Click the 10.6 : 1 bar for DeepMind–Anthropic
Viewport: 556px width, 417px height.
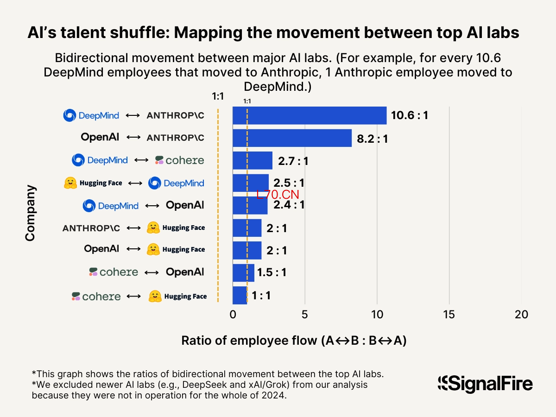click(310, 115)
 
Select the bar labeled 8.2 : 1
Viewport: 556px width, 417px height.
click(292, 138)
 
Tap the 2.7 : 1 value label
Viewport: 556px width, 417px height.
click(293, 161)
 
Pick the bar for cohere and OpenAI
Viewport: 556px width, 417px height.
click(243, 273)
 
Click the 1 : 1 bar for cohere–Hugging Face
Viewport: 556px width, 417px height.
click(240, 295)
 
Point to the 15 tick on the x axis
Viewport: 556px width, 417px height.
click(449, 315)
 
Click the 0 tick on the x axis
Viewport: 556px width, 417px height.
click(233, 315)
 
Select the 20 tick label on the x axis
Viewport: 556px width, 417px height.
click(521, 315)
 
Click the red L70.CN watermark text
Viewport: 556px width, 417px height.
click(278, 195)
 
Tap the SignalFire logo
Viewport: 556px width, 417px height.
click(485, 384)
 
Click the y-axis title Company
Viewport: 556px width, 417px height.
click(30, 213)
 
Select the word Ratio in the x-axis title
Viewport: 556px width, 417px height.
click(196, 341)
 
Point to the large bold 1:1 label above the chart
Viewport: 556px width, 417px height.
click(218, 96)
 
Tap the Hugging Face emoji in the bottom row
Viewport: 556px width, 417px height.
click(155, 296)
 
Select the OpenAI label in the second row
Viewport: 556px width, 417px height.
click(100, 137)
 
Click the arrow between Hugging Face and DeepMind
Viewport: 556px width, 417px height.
click(135, 183)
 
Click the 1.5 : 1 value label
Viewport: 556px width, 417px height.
click(272, 273)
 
